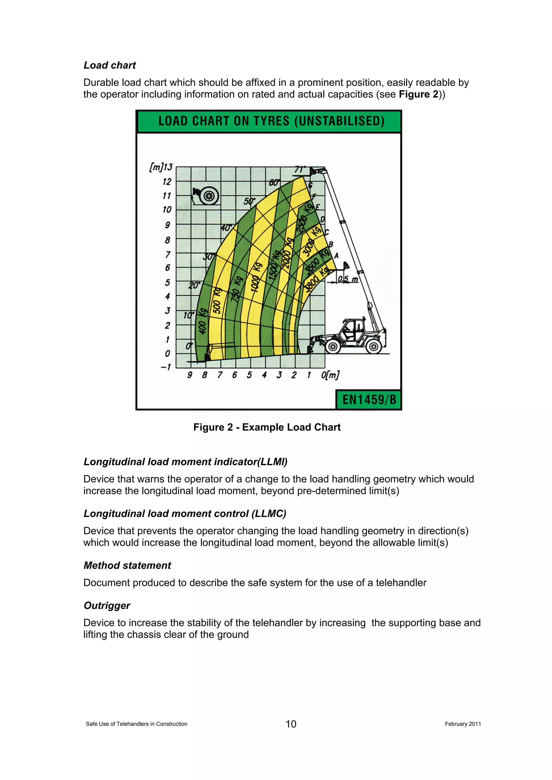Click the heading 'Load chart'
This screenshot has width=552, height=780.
click(109, 65)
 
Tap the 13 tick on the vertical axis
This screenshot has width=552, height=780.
click(168, 167)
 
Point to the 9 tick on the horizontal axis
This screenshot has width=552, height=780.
click(190, 375)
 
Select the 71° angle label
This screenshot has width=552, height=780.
click(300, 169)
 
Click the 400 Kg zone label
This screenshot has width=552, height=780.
click(202, 321)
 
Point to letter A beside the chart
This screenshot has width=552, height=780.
click(336, 256)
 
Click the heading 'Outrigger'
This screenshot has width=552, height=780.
click(107, 605)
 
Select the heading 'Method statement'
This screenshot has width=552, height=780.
click(127, 565)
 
